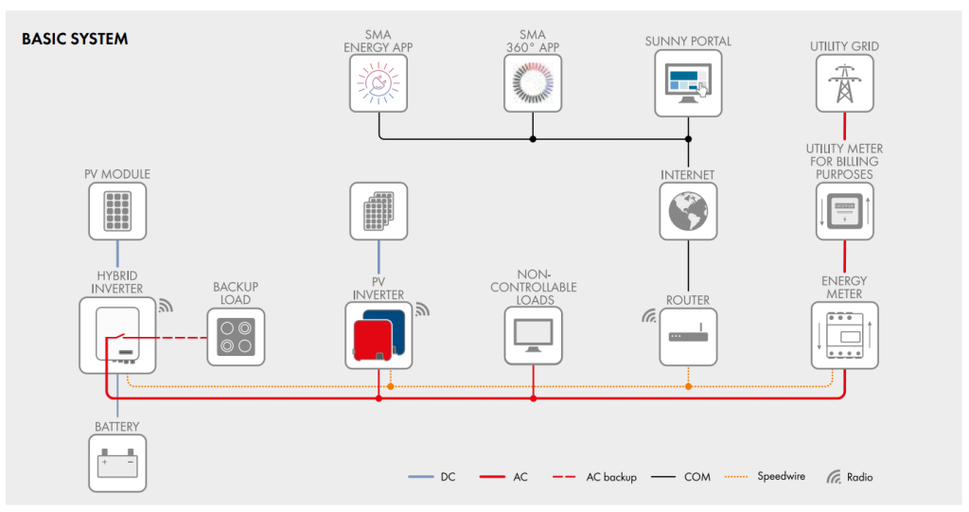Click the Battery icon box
point(117,463)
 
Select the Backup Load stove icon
point(236,337)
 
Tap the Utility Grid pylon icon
point(844,83)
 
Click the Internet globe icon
point(688,211)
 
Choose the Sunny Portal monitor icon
point(688,83)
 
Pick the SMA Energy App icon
point(379,83)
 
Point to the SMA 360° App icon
point(533,83)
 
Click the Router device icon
point(688,337)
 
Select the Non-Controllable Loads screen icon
point(534,336)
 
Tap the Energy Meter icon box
point(844,335)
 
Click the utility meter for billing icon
point(844,211)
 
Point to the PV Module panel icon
point(117,211)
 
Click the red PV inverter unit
point(372,340)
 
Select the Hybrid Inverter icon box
point(117,335)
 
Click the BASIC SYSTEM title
point(75,39)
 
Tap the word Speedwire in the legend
point(781,476)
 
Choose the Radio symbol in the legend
point(834,477)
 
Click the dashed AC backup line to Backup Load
point(167,338)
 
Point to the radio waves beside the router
point(648,317)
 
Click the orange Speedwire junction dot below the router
point(689,386)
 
